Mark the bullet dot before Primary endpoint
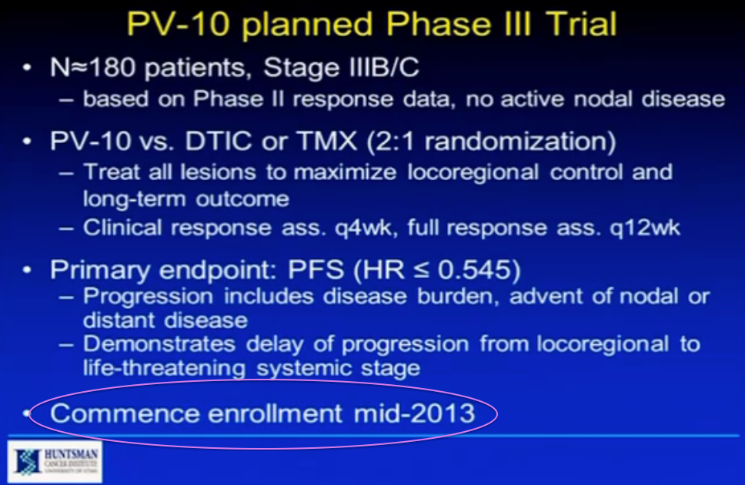pyautogui.click(x=28, y=272)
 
